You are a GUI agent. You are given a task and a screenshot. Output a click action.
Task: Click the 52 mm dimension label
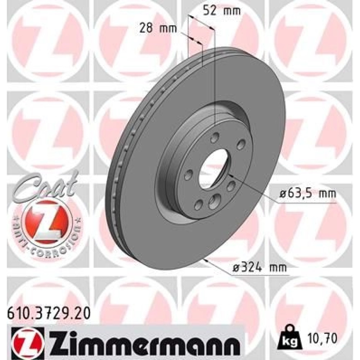pyautogui.click(x=222, y=11)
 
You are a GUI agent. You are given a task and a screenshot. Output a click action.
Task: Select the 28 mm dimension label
pyautogui.click(x=158, y=29)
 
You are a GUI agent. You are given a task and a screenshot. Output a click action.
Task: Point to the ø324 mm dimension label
pyautogui.click(x=260, y=268)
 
